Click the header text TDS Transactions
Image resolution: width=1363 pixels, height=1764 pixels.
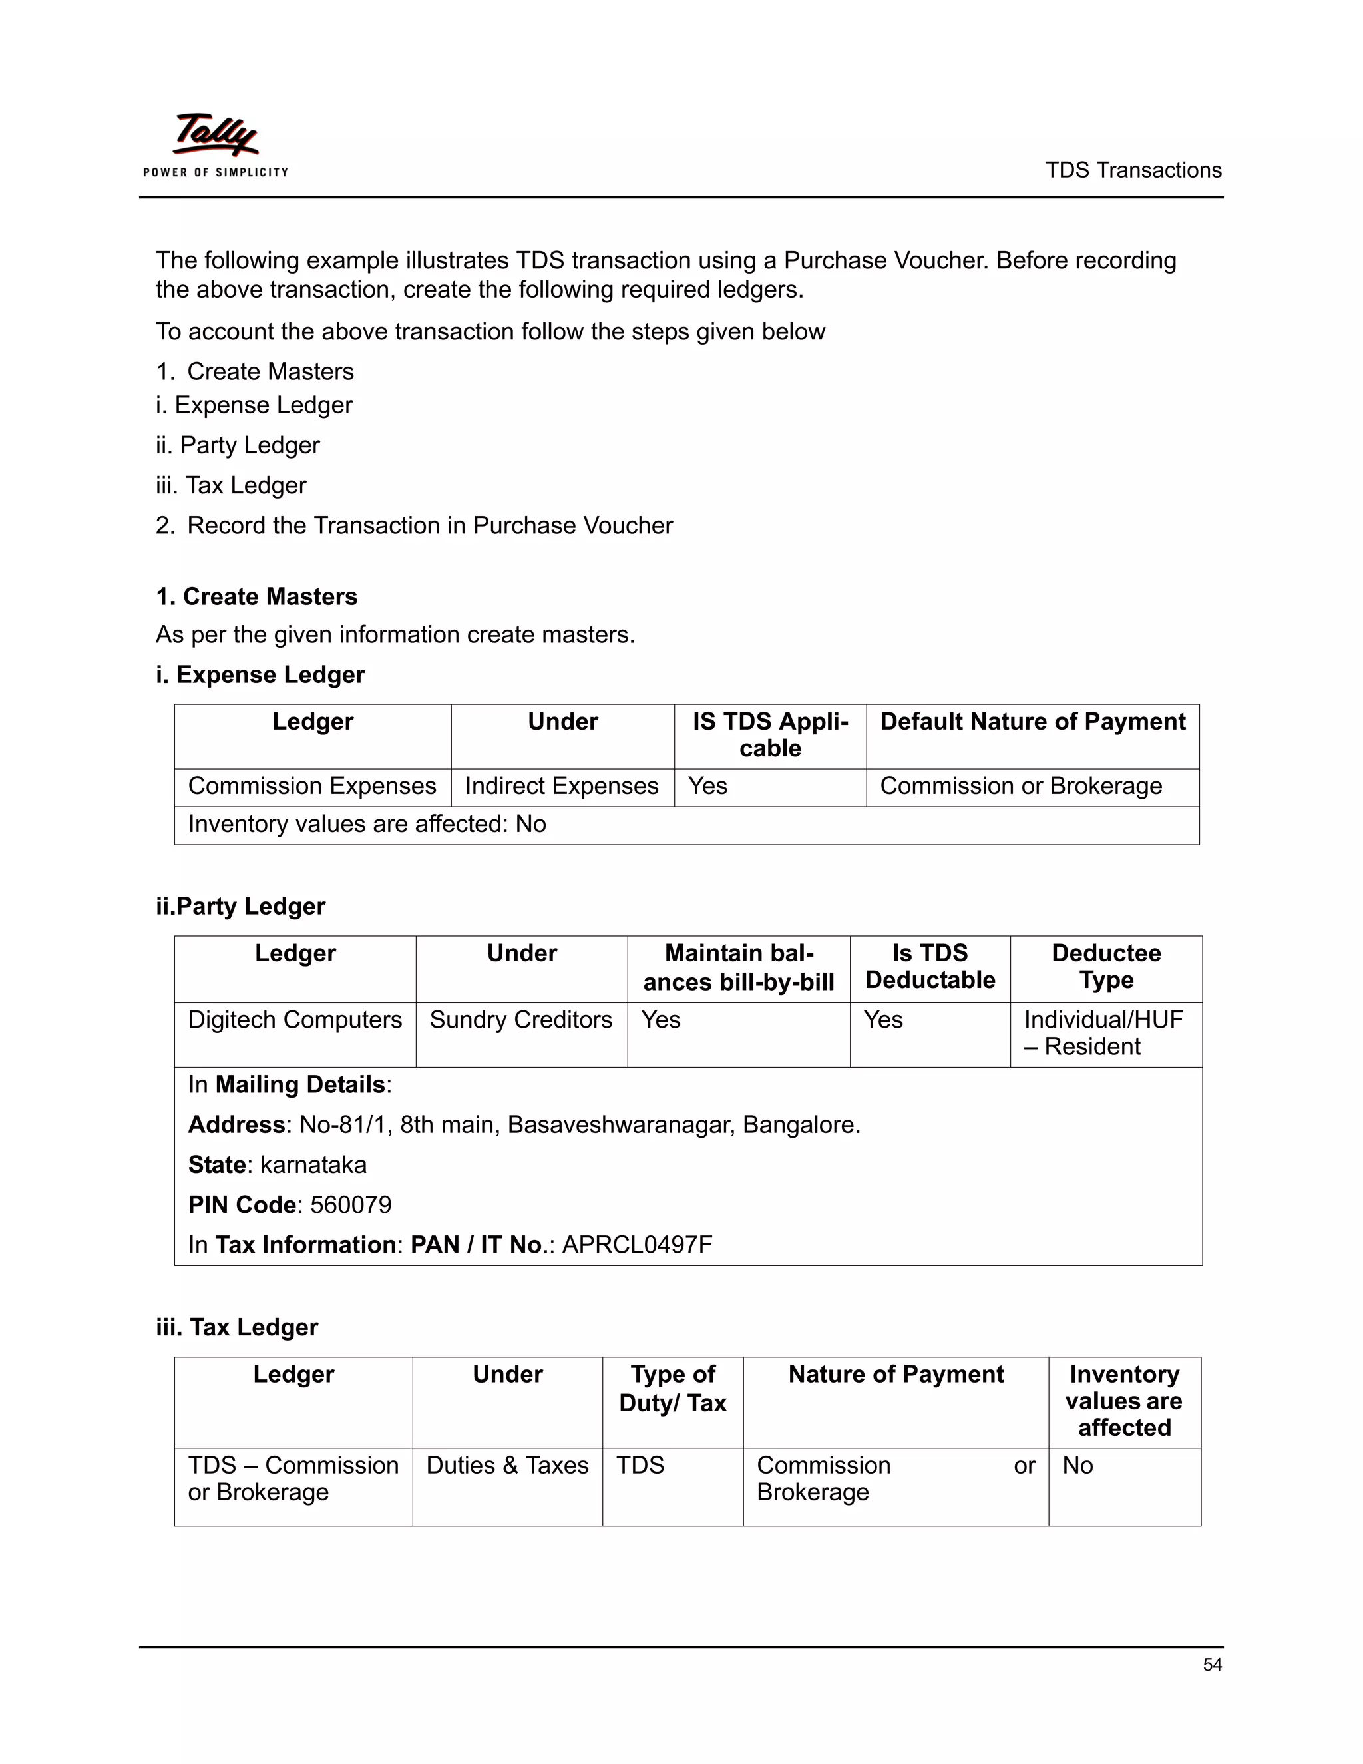tap(1133, 170)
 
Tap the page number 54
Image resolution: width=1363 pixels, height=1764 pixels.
tap(1212, 1664)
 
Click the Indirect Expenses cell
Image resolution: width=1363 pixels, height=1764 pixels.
tap(561, 786)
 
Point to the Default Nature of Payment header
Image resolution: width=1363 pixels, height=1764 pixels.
tap(1032, 722)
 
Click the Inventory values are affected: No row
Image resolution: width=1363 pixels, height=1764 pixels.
tap(367, 824)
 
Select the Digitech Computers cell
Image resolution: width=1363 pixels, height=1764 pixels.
tap(295, 1020)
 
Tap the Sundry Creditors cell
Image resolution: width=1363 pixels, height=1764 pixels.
tap(521, 1020)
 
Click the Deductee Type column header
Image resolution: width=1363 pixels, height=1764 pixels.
tap(1106, 966)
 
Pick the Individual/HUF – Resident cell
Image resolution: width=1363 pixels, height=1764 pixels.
tap(1103, 1033)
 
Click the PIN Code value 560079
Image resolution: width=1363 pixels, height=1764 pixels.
tap(351, 1204)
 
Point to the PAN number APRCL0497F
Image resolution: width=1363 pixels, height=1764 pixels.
tap(637, 1245)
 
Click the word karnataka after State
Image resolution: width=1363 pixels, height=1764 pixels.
tap(313, 1165)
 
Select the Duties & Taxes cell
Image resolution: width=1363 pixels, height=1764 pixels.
tap(507, 1466)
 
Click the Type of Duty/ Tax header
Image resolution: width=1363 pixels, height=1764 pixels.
tap(673, 1389)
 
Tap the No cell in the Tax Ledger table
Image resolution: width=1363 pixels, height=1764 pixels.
tap(1078, 1466)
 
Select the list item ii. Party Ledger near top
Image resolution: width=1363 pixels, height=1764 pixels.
tap(238, 445)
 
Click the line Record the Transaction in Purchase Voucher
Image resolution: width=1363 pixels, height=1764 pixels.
tap(429, 526)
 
